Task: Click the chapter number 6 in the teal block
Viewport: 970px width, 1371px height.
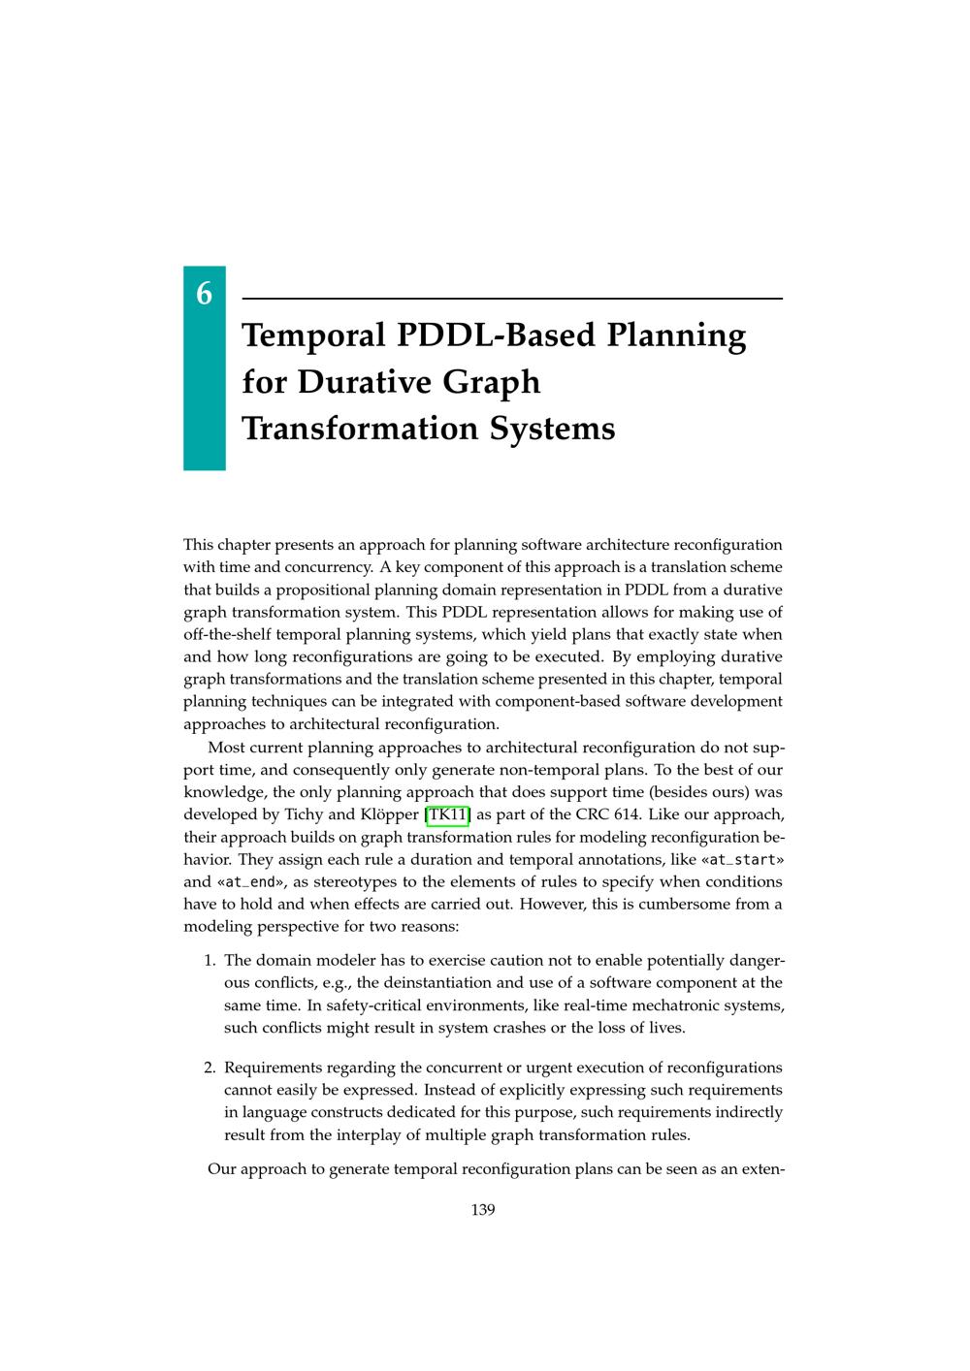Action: [x=204, y=293]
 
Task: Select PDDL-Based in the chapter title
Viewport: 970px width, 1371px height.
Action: [x=495, y=335]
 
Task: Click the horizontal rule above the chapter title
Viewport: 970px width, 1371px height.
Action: [x=511, y=299]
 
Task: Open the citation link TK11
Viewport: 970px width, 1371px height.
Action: [x=447, y=814]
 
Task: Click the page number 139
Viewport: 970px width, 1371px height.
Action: [x=483, y=1209]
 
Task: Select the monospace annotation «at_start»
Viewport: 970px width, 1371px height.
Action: [x=741, y=859]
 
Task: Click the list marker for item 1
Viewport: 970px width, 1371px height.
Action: [x=209, y=961]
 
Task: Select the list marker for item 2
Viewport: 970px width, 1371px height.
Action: [x=209, y=1068]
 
